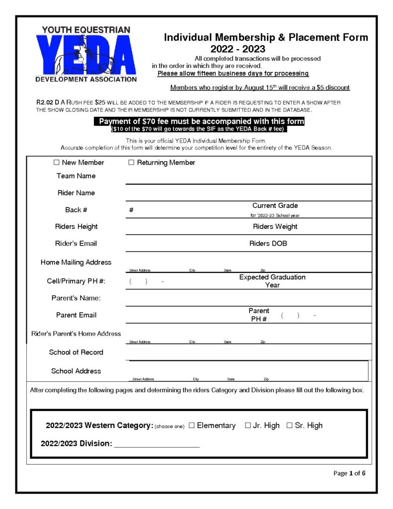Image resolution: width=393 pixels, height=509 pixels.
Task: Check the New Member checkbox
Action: [x=56, y=163]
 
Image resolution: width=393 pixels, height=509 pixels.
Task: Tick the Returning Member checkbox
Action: [x=132, y=163]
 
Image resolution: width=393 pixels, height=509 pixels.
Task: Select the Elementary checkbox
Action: [x=192, y=425]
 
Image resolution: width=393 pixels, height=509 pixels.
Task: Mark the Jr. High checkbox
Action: [x=248, y=425]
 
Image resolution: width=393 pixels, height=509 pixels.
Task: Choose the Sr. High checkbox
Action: [x=290, y=425]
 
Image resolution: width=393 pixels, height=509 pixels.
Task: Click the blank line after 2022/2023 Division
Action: [x=157, y=444]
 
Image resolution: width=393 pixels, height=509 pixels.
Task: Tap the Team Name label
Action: [x=76, y=176]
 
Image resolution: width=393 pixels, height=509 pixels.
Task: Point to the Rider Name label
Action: [x=76, y=193]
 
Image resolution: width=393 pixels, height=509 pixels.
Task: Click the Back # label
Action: [x=76, y=210]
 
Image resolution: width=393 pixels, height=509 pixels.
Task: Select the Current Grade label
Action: [x=275, y=206]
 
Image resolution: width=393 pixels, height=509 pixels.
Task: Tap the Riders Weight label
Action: [x=275, y=227]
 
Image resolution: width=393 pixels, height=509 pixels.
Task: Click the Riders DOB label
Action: [x=268, y=244]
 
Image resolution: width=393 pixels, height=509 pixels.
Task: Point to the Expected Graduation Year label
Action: [x=272, y=281]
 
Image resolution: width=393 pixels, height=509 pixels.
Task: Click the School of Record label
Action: [x=76, y=352]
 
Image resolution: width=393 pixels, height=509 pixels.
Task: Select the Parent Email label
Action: [x=76, y=315]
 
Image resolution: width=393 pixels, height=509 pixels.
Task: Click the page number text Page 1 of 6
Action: [x=349, y=473]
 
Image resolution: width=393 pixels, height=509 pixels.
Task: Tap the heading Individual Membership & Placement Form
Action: [x=266, y=37]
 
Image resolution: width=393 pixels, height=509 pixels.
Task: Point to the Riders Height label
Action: [x=76, y=227]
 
